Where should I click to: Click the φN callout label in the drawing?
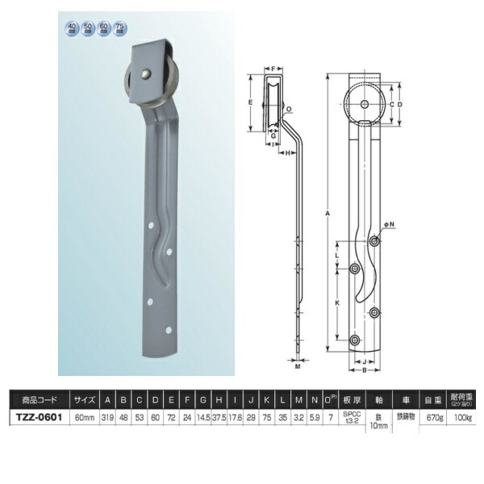tap(390, 236)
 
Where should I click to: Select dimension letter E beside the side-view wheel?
tap(252, 102)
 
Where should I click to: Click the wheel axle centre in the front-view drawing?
tap(365, 105)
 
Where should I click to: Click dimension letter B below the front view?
tap(365, 371)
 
